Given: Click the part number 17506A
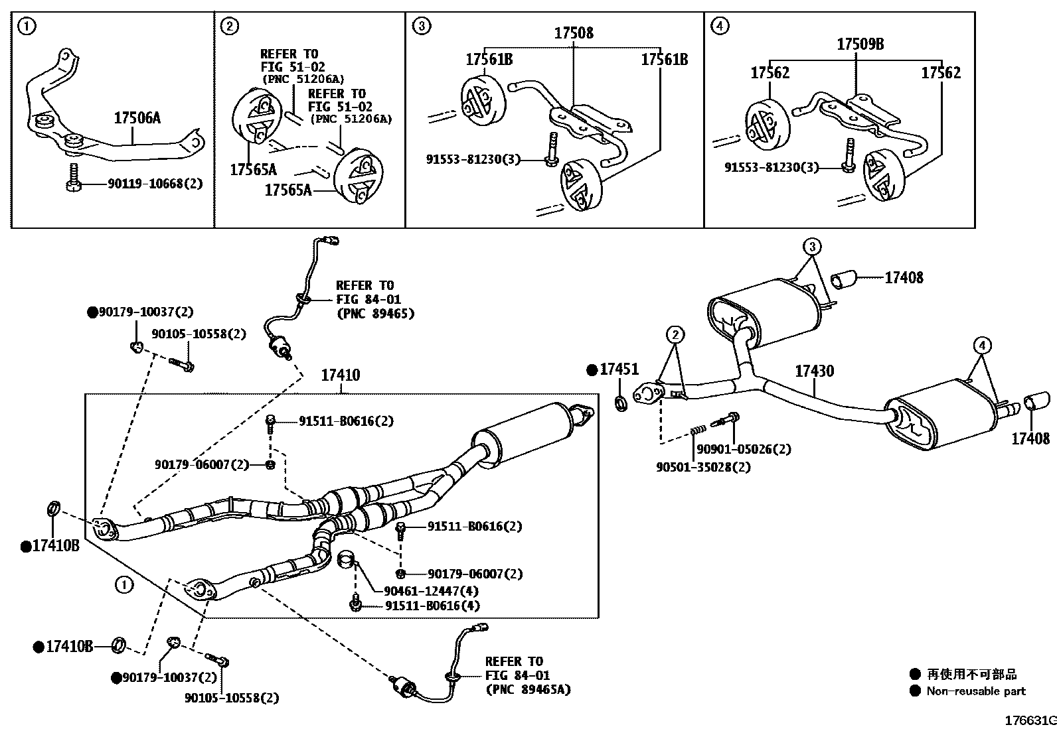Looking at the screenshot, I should tap(137, 119).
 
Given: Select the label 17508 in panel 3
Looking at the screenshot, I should tap(574, 33).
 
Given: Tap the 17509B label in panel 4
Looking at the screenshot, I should tap(860, 44).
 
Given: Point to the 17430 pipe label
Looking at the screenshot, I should tap(815, 371).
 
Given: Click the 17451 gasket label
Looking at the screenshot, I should tap(619, 369).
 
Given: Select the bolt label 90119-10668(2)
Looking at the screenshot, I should tap(155, 184).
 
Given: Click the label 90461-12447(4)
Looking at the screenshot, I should tap(431, 590).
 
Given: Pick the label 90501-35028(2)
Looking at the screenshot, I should tap(703, 466).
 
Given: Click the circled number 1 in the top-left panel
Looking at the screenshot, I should tap(27, 27).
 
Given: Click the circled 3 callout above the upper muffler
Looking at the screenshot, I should tap(811, 247).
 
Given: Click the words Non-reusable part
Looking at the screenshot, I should tap(976, 691).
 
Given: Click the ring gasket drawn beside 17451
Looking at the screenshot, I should tap(621, 403).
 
